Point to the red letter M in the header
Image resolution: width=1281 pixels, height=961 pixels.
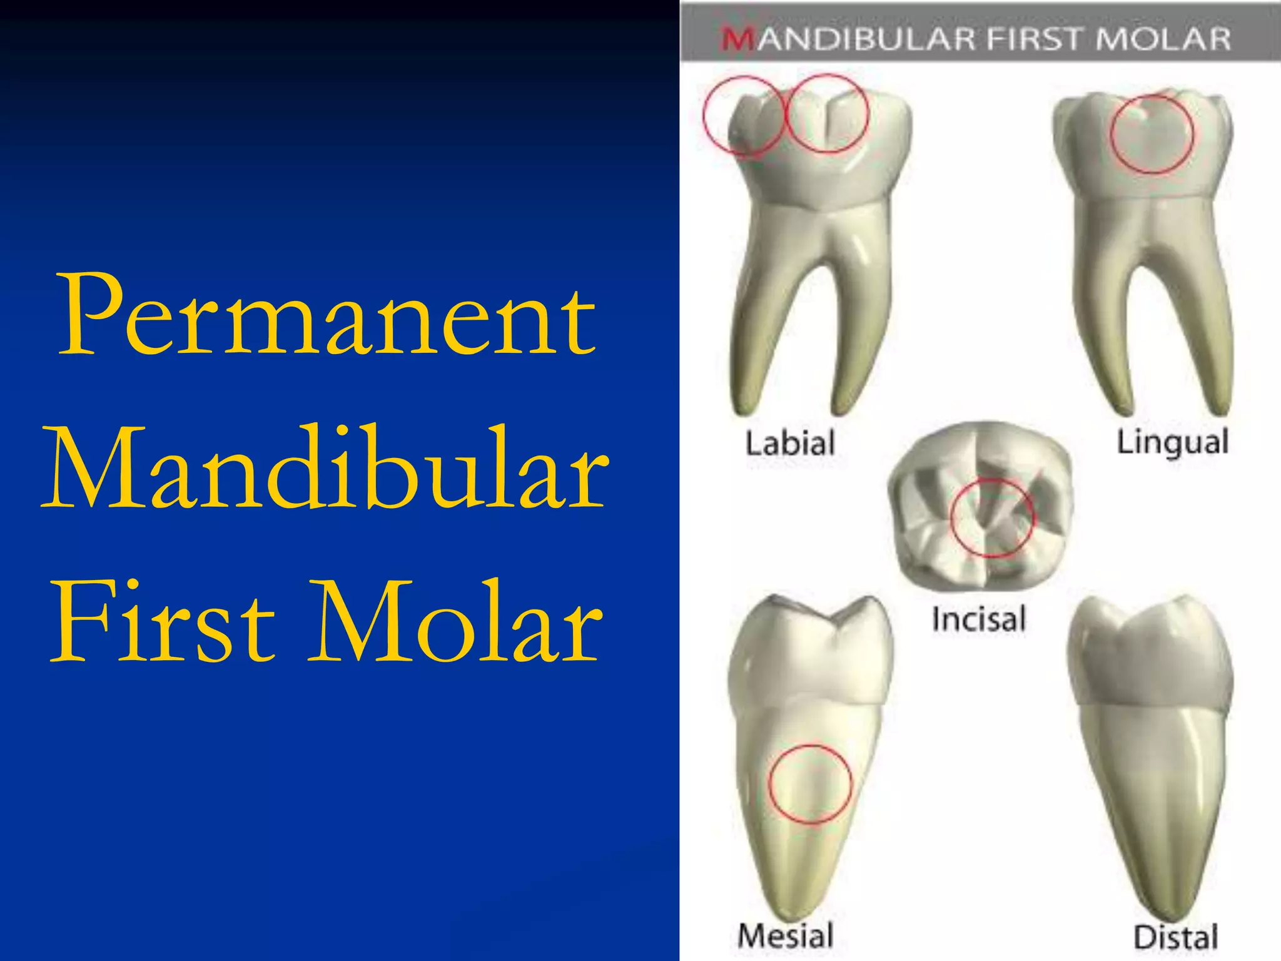(738, 39)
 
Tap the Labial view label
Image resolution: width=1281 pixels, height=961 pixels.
(790, 443)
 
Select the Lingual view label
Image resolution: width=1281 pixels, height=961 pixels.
(1173, 443)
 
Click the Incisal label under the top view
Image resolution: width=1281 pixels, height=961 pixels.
(979, 619)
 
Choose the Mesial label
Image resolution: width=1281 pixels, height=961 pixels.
(786, 935)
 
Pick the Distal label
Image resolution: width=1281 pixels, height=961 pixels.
(1176, 937)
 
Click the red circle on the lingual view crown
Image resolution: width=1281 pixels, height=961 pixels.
(1152, 134)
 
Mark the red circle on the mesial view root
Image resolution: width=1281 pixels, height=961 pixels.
(810, 783)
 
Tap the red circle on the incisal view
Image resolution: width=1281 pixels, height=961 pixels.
(993, 518)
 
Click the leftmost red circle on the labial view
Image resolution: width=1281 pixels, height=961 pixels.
(743, 116)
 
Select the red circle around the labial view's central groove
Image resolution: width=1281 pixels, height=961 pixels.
(827, 114)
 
